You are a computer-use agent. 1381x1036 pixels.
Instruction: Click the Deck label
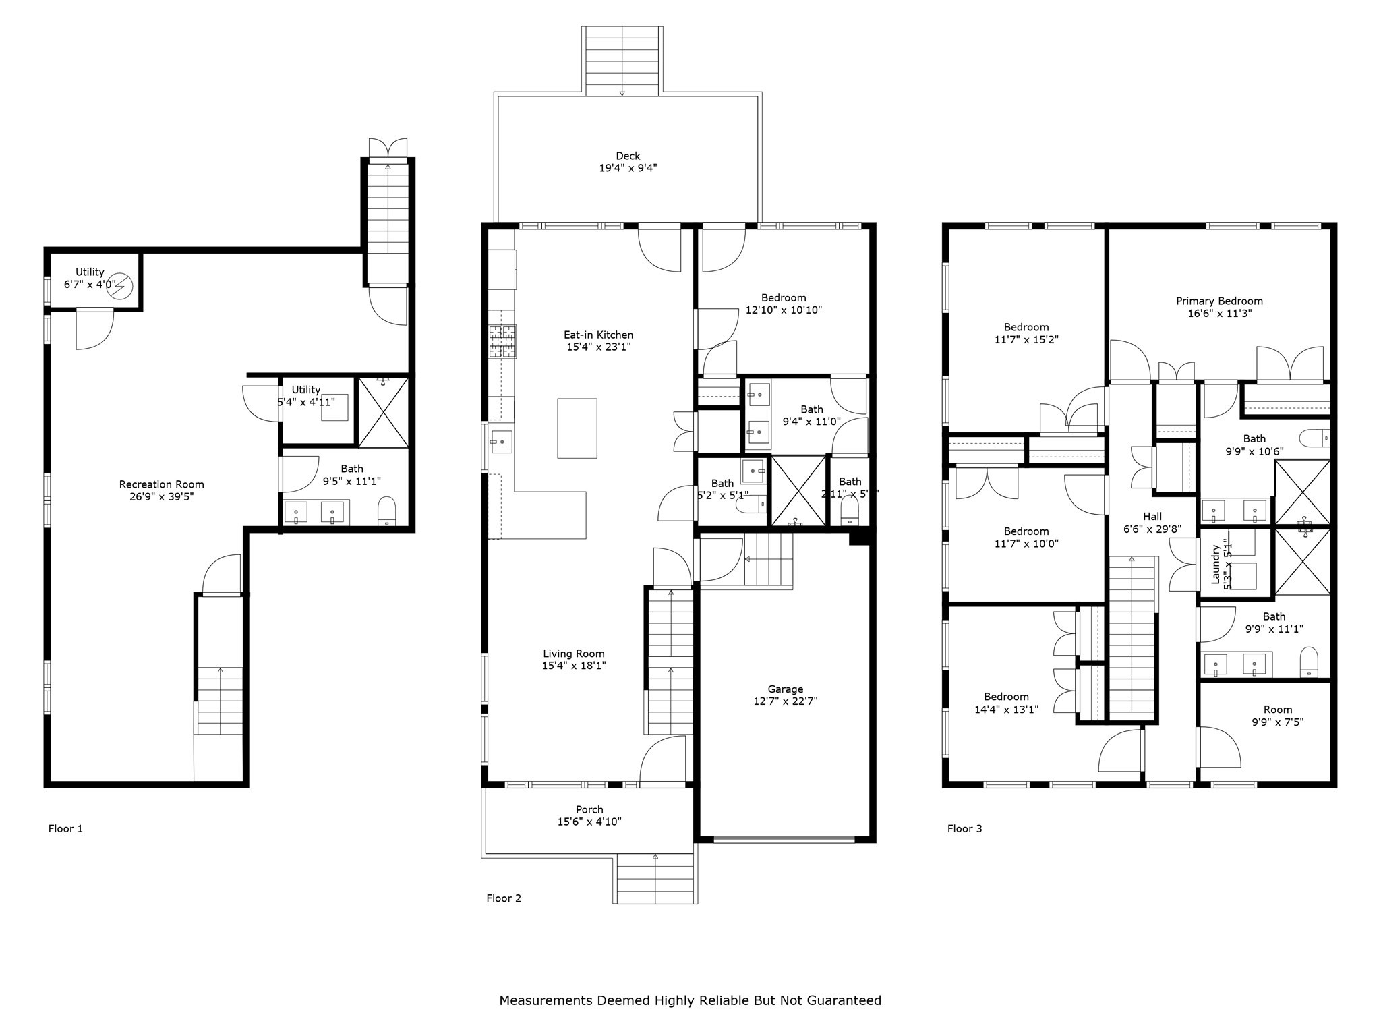pos(628,156)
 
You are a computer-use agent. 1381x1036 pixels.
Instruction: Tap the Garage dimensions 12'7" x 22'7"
pos(785,701)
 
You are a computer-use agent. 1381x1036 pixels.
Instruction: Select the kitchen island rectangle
pos(577,428)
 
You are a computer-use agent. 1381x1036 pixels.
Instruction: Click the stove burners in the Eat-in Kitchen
pos(502,342)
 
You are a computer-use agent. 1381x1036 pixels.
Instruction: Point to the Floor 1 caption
pos(65,828)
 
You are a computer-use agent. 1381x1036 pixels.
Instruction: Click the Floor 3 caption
pos(964,828)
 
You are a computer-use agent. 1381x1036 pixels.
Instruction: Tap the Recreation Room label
pos(161,484)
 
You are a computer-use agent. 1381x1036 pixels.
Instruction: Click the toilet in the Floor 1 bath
pos(387,512)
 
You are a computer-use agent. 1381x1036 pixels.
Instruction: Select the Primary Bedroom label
pos(1219,301)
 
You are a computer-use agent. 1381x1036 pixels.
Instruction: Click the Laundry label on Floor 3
pos(1216,565)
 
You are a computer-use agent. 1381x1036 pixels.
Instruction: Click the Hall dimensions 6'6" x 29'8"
pos(1152,529)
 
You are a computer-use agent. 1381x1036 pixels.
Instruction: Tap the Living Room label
pos(574,654)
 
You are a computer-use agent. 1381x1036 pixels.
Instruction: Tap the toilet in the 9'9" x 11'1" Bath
pos(1308,662)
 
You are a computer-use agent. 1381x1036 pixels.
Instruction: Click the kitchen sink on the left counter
pos(501,442)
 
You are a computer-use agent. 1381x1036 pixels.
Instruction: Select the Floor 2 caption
pos(504,898)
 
